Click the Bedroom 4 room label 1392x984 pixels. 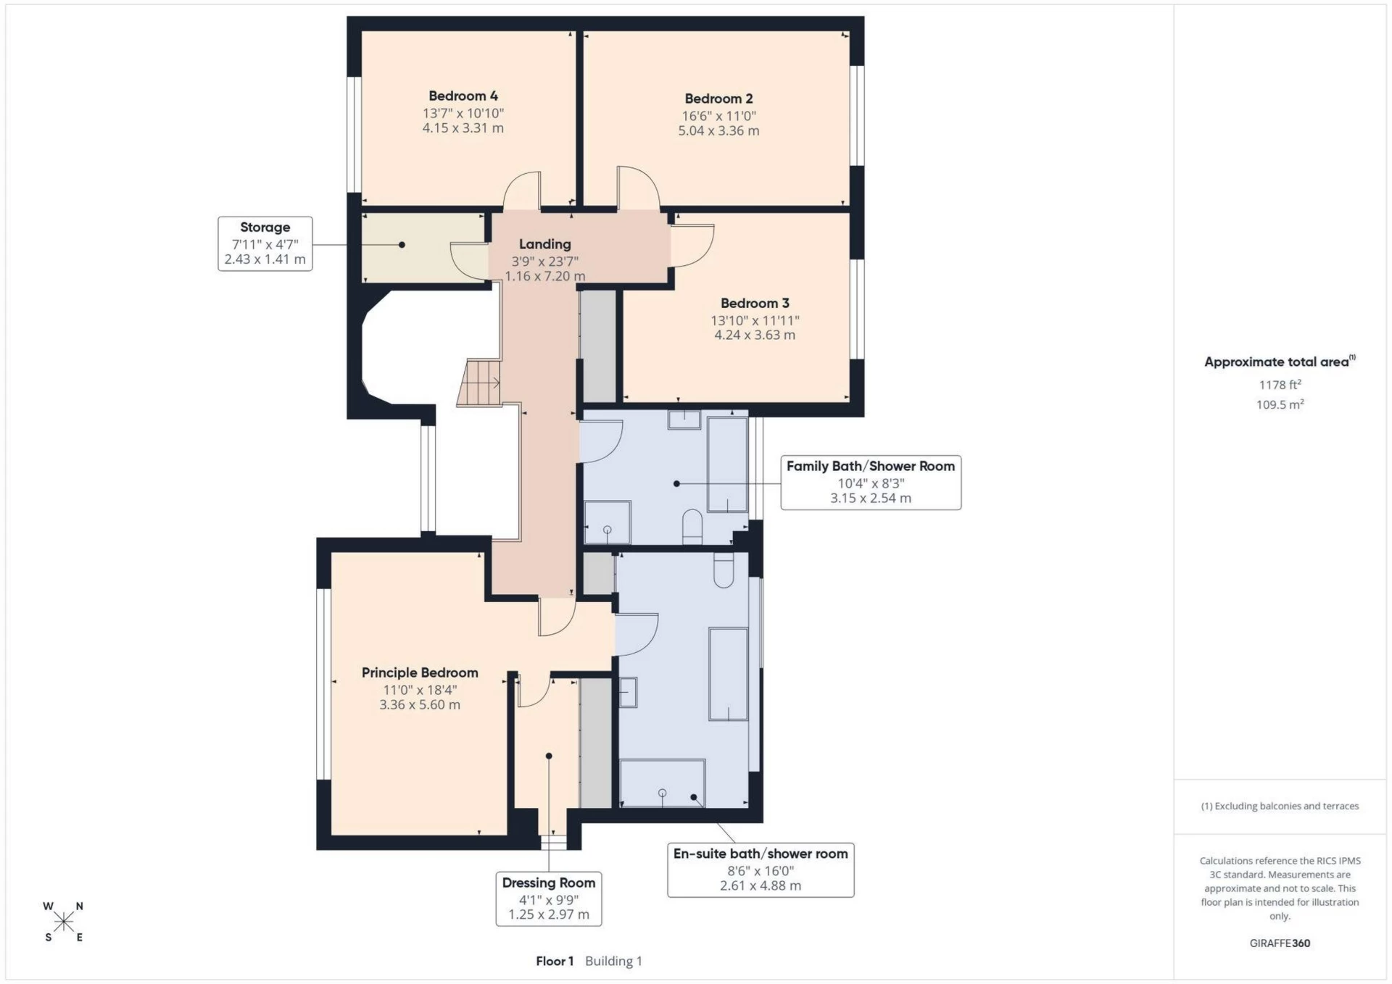point(463,96)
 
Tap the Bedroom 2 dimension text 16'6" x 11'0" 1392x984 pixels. point(718,116)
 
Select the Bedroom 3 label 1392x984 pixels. point(755,303)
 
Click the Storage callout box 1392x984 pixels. point(265,243)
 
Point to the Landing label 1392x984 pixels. point(544,244)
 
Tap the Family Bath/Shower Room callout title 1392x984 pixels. point(870,466)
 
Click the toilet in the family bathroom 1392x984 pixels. point(692,526)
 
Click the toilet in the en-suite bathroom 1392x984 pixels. point(724,570)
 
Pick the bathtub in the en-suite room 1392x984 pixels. point(728,674)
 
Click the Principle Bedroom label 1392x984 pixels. point(420,672)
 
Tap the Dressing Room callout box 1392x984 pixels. point(549,898)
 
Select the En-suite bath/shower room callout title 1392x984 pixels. point(761,854)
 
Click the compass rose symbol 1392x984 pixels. point(64,922)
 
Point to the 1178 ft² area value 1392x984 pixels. point(1280,385)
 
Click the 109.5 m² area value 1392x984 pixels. point(1280,404)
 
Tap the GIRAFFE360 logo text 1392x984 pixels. point(1280,943)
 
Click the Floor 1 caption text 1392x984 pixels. point(555,961)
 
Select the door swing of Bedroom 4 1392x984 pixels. point(522,190)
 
